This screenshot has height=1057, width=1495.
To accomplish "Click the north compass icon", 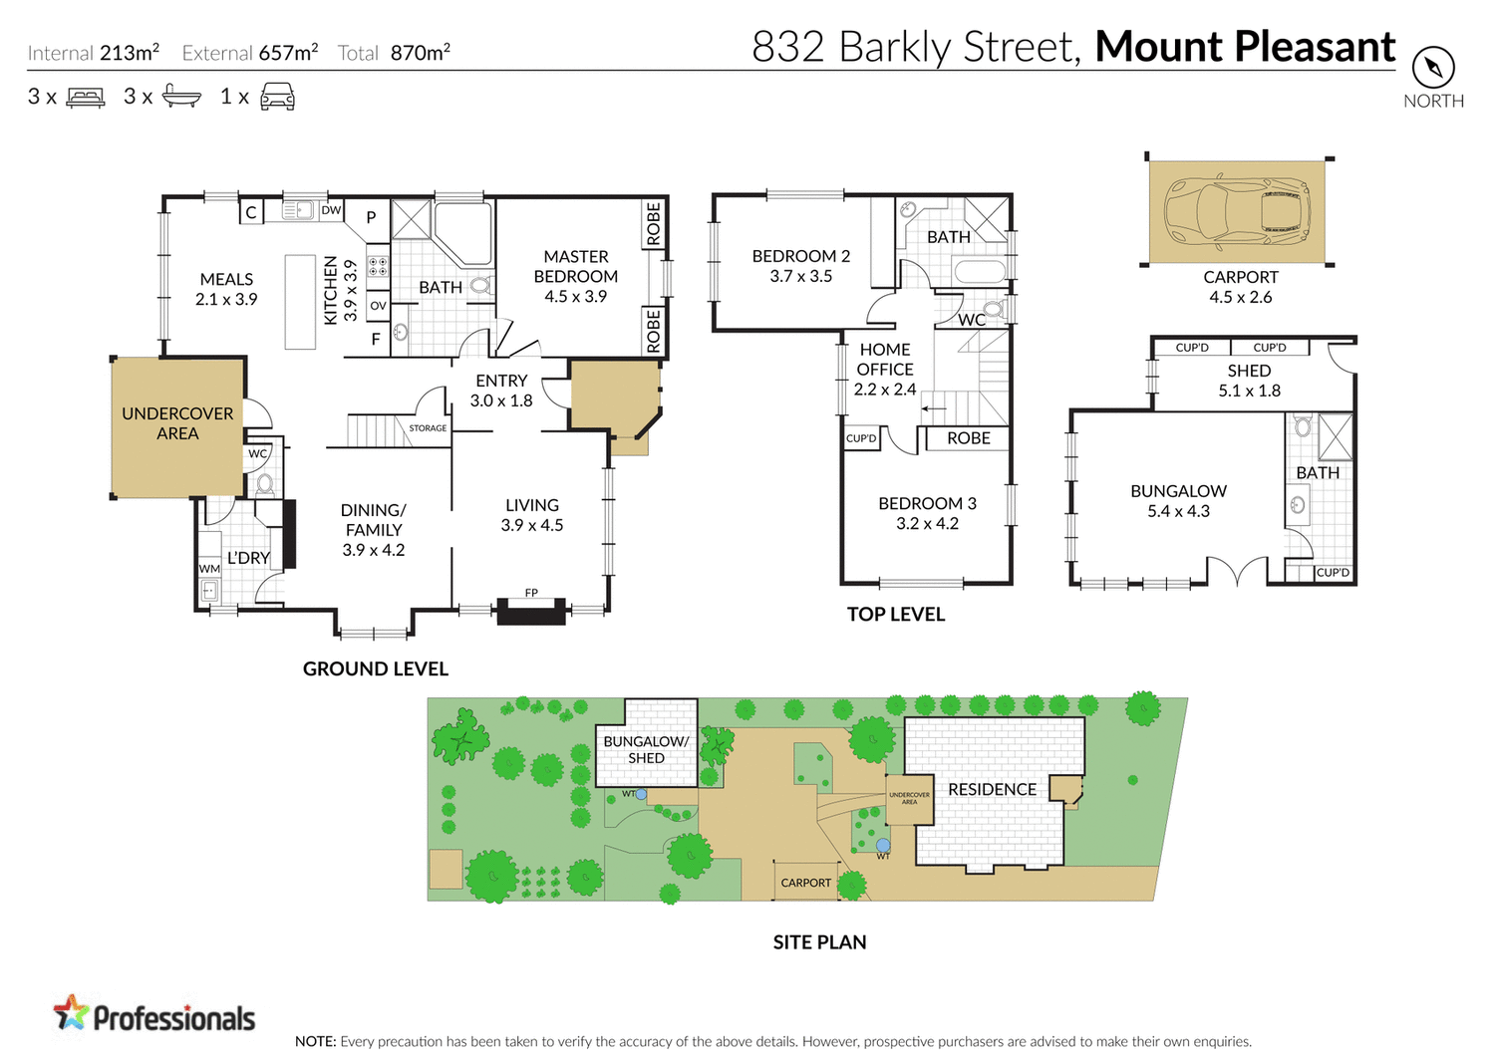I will coord(1433,68).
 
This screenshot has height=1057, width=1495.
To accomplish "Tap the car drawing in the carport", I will coord(1236,211).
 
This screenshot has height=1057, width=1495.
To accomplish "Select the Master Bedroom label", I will coord(575,276).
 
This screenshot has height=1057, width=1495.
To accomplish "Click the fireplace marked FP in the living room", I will coord(531,609).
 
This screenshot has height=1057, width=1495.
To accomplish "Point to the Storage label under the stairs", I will coord(428,428).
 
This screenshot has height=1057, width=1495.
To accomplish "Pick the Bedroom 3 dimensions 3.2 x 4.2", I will coord(927,524).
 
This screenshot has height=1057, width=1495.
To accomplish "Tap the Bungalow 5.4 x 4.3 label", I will coord(1178,501).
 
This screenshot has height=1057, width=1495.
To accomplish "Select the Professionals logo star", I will coord(71,1013).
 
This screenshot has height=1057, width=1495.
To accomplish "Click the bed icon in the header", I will coord(86,98).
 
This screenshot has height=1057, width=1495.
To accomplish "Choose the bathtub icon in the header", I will coord(181,97).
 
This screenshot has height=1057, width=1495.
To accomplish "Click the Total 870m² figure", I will coord(420,53).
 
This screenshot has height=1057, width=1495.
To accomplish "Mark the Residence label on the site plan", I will coord(992,789).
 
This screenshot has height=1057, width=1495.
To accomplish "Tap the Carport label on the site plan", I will coord(805,883).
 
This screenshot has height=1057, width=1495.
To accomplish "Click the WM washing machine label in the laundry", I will coord(209,569).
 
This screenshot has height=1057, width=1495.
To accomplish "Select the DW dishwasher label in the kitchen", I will coord(331,210).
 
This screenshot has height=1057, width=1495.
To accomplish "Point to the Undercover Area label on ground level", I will coord(177,423).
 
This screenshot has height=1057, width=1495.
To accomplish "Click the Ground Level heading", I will coord(376,669).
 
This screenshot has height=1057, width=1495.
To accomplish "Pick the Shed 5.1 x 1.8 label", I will coord(1249,381).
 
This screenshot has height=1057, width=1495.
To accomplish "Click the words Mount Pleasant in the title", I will coord(1245,47).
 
